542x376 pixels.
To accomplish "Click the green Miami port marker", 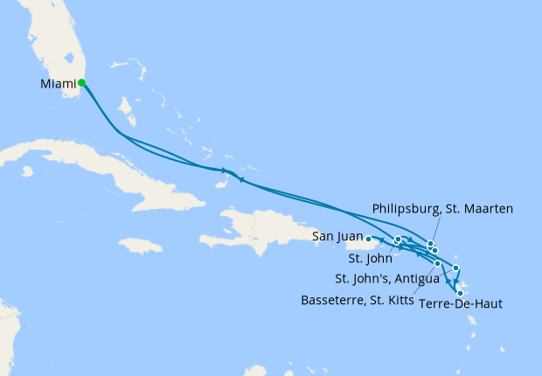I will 81,83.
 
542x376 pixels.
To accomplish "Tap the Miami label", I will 59,84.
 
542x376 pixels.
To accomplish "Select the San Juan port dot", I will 369,238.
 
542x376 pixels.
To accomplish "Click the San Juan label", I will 337,236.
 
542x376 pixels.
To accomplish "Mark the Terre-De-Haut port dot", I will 461,294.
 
